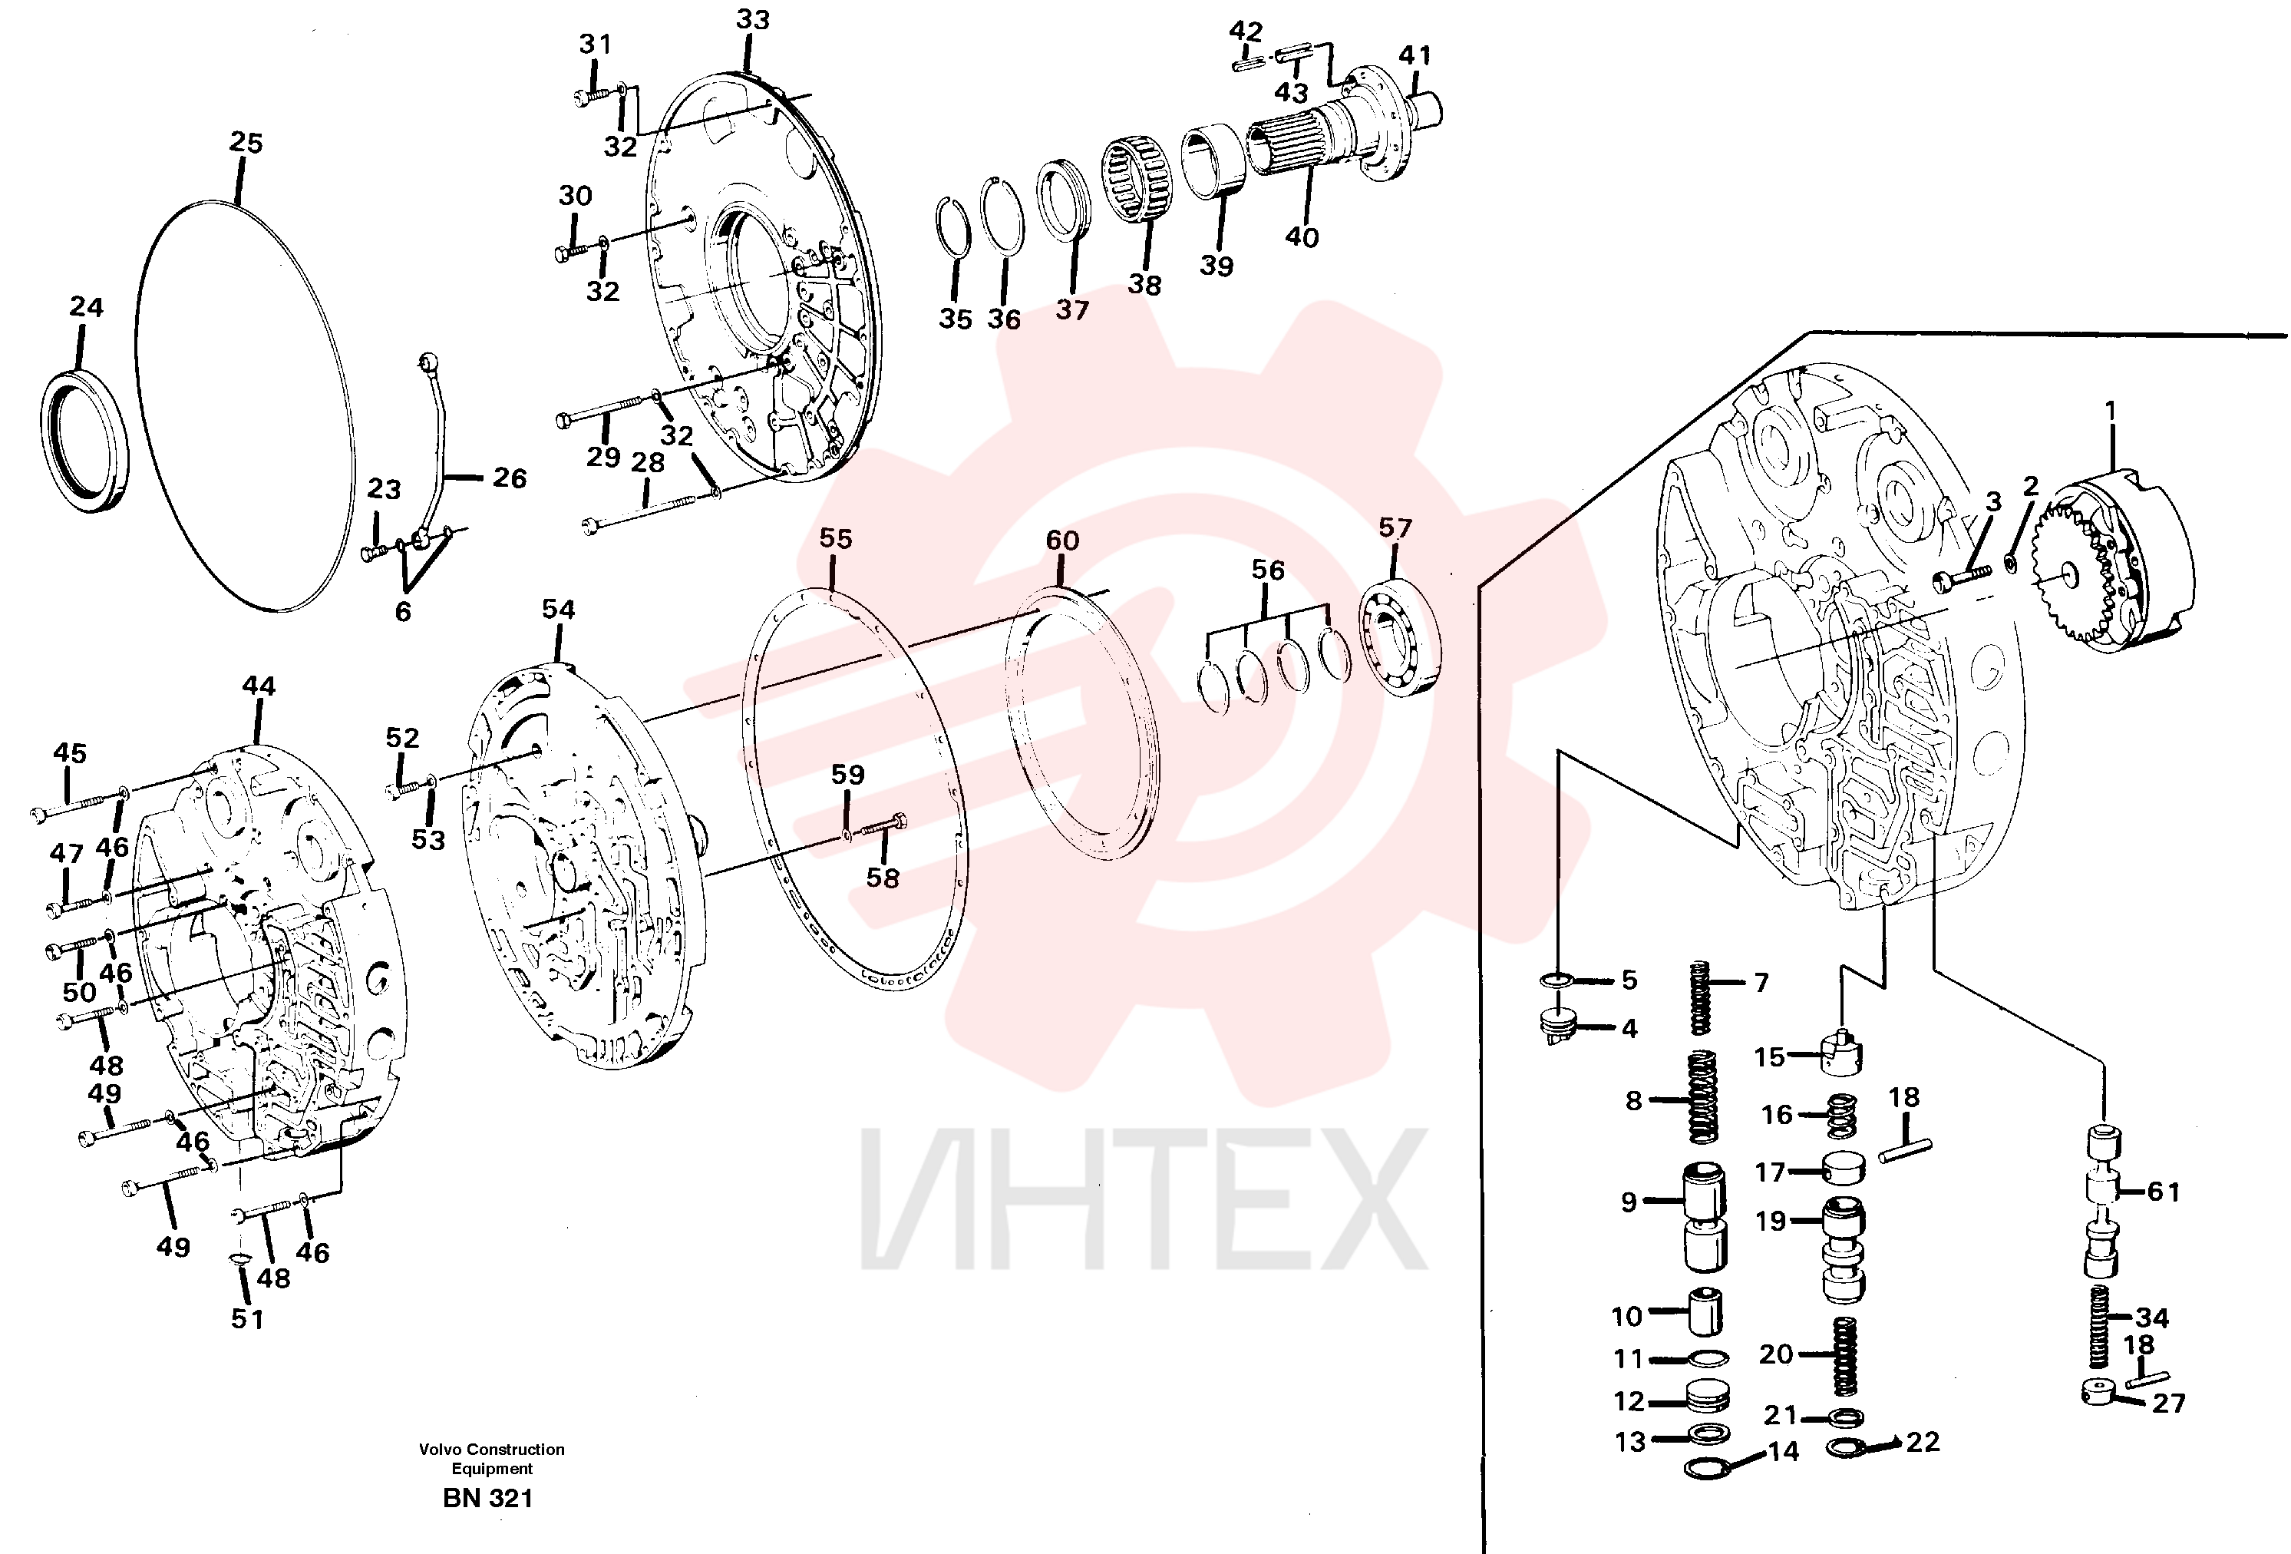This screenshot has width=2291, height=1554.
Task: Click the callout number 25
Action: click(246, 143)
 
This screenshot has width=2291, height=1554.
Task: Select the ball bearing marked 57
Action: click(1401, 641)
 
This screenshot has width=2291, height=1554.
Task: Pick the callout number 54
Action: click(558, 610)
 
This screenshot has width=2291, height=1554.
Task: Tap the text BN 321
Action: click(488, 1498)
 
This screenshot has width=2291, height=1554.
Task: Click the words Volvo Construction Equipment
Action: click(492, 1458)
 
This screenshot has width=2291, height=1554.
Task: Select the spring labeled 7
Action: click(1699, 997)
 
